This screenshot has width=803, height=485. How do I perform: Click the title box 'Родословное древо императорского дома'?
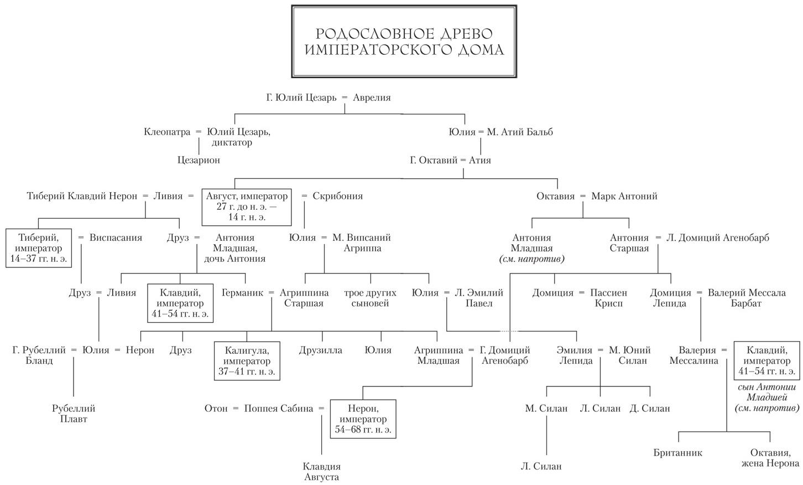click(x=404, y=42)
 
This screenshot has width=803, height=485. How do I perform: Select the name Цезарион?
click(x=199, y=160)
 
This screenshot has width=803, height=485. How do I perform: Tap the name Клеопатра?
click(x=166, y=132)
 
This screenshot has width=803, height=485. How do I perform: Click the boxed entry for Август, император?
click(x=247, y=207)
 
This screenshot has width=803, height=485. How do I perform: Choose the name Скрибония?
click(x=337, y=196)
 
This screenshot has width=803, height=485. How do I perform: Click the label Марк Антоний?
click(x=624, y=196)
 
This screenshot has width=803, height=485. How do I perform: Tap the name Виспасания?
click(x=116, y=238)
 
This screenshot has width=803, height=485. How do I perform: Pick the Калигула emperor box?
click(x=247, y=360)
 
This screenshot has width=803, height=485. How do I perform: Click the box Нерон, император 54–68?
click(x=363, y=419)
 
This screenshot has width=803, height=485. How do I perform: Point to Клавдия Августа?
click(x=321, y=472)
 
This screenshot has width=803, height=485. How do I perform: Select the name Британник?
click(x=677, y=452)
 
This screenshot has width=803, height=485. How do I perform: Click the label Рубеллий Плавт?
click(x=74, y=414)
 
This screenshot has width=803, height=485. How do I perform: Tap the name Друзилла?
click(x=321, y=350)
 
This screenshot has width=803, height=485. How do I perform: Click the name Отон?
click(x=216, y=409)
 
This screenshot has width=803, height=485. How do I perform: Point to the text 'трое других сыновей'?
click(x=370, y=298)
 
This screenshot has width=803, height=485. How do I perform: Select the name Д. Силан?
click(x=649, y=409)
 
